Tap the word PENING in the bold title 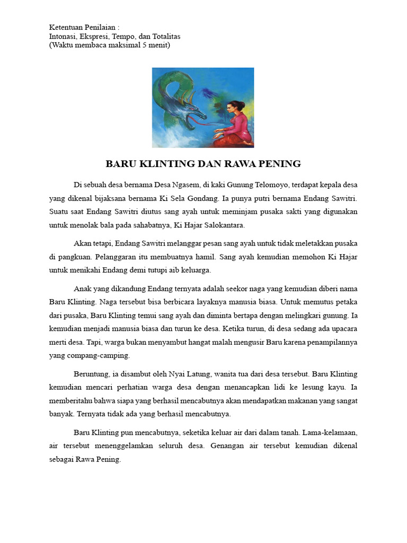tap(280, 164)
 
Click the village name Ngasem tap(184, 185)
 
